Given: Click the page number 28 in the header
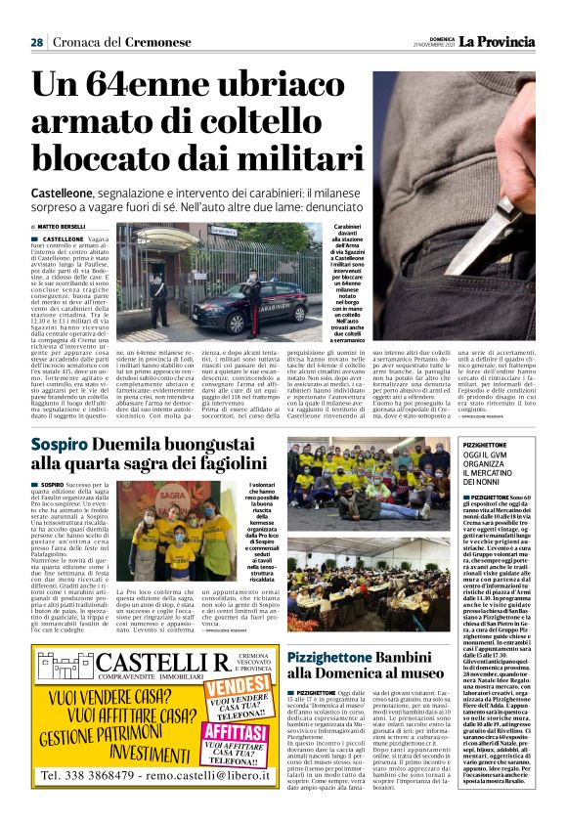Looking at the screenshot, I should pyautogui.click(x=35, y=42).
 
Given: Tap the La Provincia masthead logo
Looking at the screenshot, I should pyautogui.click(x=500, y=41).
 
